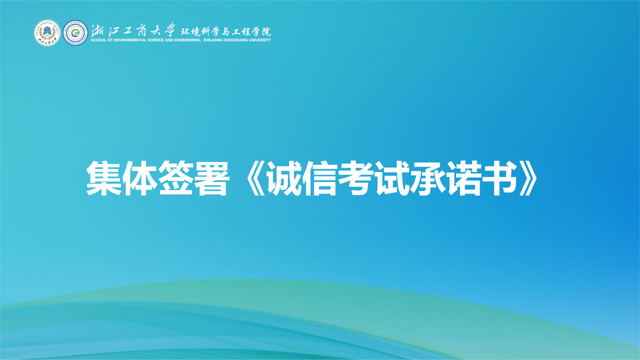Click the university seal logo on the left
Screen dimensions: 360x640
point(46,33)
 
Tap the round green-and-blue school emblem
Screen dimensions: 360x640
point(74,33)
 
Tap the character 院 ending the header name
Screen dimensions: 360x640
point(265,30)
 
